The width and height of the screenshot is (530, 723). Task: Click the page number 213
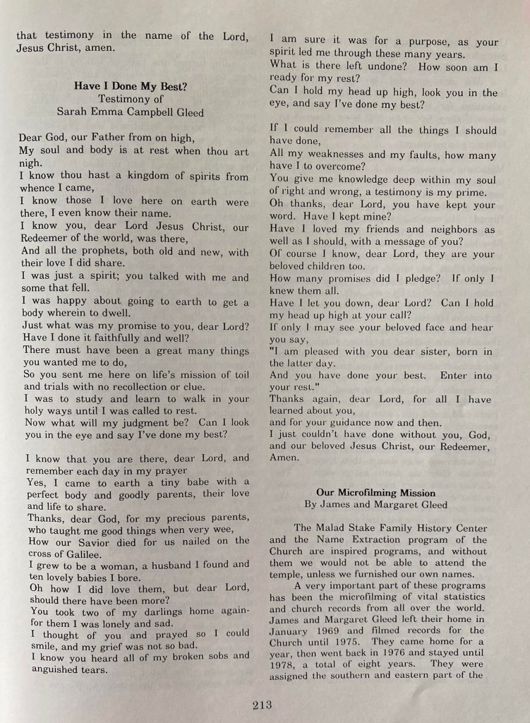(x=261, y=705)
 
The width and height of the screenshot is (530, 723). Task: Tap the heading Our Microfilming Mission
(x=375, y=492)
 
